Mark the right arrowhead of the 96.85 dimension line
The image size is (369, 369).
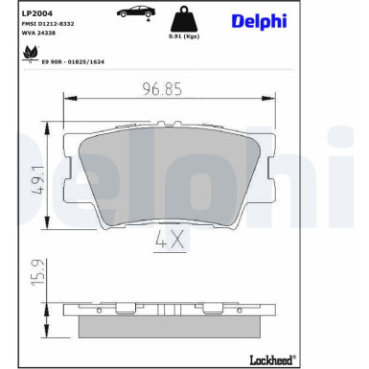pos(274,103)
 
